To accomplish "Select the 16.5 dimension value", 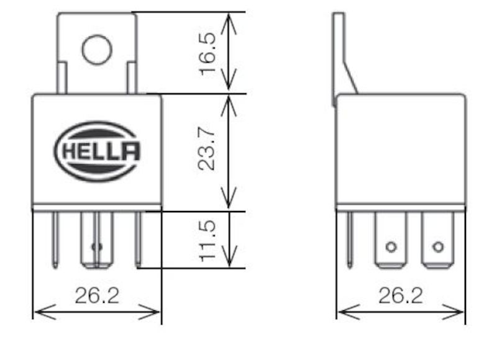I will point(209,53).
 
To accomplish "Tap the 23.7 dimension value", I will point(209,151).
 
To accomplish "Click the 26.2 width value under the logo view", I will point(96,295).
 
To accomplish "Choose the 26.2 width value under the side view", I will point(400,295).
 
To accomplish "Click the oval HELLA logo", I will point(98,151).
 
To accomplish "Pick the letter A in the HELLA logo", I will point(131,151).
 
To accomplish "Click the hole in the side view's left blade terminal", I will point(391,247).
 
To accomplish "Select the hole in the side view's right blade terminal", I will point(438,247).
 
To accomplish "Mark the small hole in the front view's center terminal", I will point(95,247).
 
